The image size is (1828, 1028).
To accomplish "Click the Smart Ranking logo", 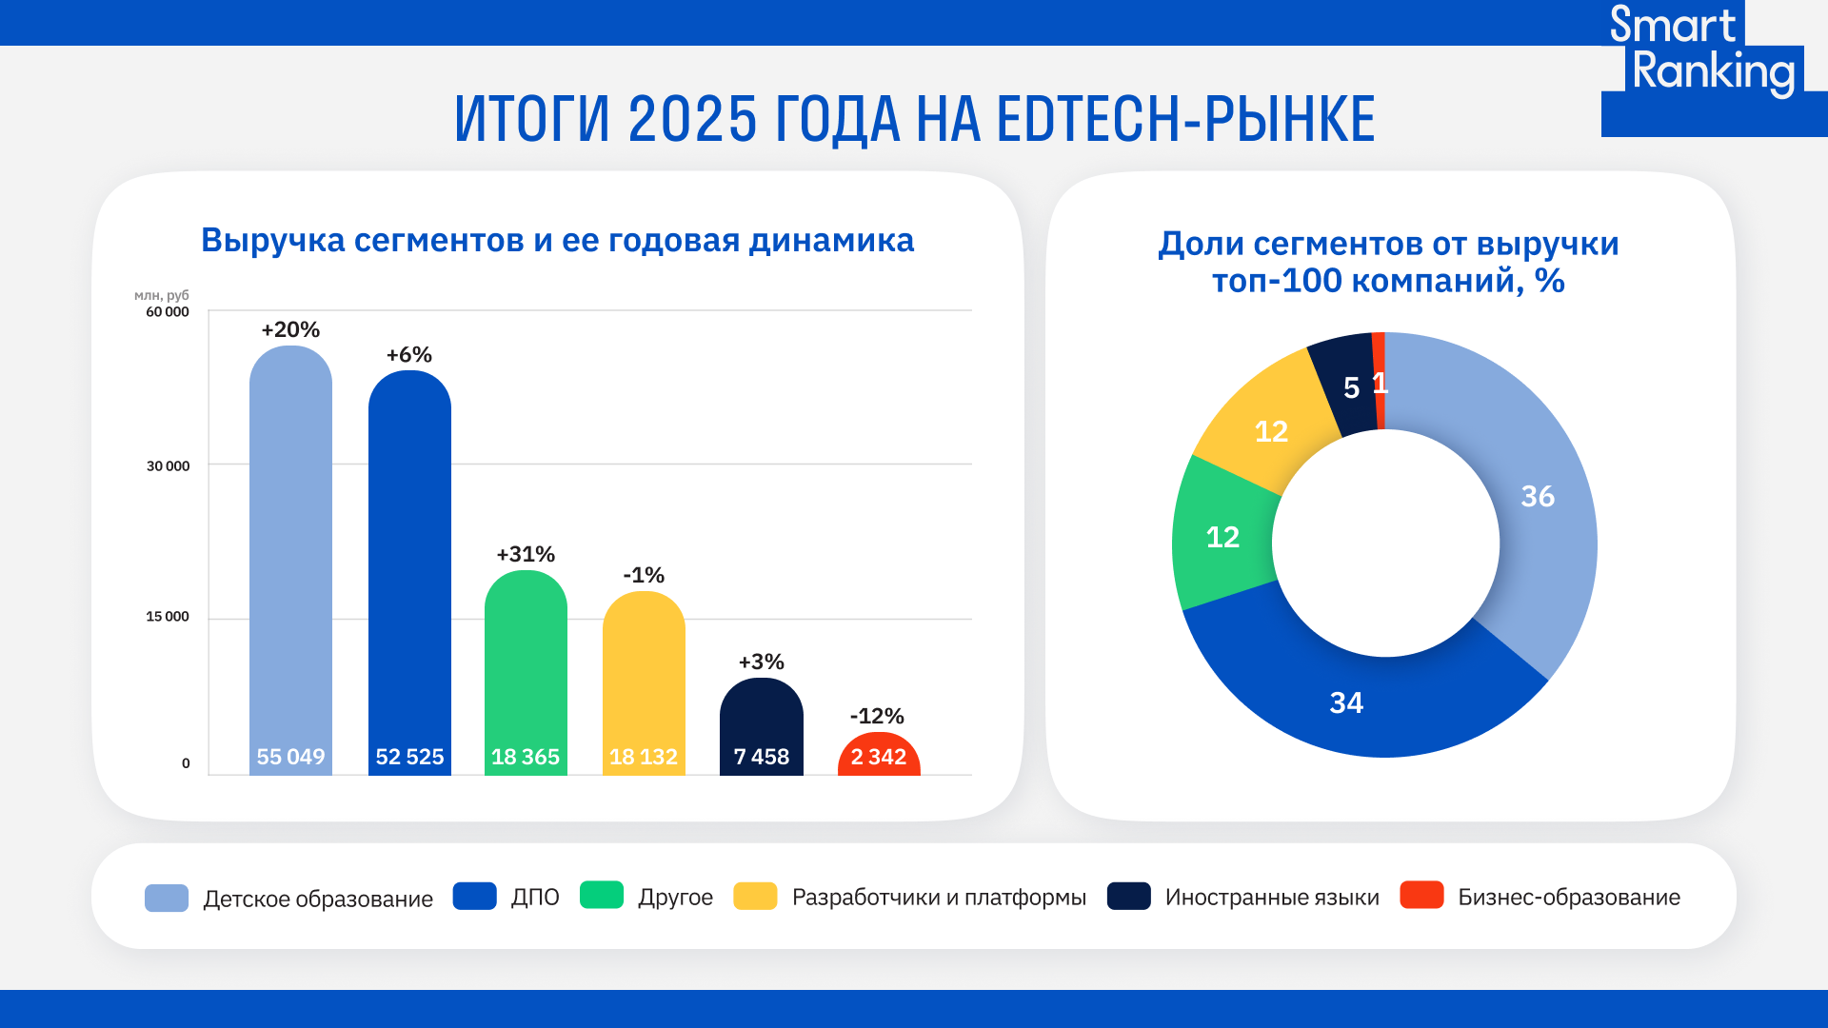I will tap(1704, 57).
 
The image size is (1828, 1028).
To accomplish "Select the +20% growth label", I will tap(290, 330).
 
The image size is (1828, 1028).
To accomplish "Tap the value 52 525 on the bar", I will tap(409, 757).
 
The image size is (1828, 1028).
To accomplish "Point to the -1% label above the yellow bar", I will tap(644, 575).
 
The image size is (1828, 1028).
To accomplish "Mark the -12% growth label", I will tap(877, 716).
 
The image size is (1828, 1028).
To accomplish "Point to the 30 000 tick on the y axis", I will tap(168, 465).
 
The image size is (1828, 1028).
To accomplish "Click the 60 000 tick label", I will tap(168, 312).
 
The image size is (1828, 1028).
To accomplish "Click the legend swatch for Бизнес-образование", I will tap(1421, 896).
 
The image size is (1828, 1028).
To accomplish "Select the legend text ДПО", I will tap(535, 897).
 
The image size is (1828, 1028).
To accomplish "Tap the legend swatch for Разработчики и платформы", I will tap(755, 896).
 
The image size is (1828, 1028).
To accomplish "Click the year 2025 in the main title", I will tap(692, 119).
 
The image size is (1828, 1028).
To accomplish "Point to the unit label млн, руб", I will tap(162, 295).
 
